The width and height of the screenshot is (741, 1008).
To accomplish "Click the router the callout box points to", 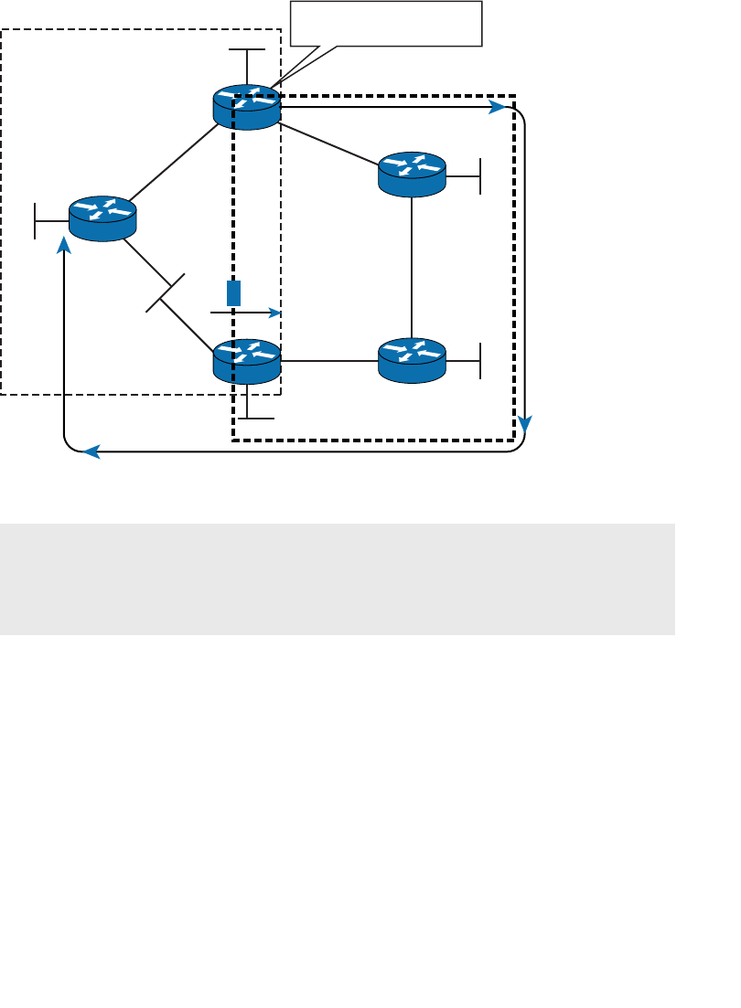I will coord(247,107).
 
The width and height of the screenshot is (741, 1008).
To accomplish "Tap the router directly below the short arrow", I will coord(247,361).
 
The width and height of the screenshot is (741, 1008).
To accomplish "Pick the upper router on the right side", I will coord(412,174).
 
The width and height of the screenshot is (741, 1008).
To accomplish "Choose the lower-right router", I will coord(412,360).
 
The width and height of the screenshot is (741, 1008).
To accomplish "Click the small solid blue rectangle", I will coord(234,292).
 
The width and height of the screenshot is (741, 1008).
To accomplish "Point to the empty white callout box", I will coord(386,23).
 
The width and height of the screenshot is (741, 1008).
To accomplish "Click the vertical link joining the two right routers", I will coord(412,265).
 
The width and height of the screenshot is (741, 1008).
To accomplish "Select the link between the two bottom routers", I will coord(329,360).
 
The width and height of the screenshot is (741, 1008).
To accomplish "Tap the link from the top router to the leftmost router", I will coord(174,163).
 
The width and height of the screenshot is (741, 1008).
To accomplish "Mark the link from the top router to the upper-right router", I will coord(329,142).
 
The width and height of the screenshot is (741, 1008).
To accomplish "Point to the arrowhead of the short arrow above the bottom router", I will coord(274,313).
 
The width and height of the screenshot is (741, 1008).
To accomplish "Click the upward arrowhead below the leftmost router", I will coord(64,244).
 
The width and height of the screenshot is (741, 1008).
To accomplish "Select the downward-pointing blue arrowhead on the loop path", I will coord(525,423).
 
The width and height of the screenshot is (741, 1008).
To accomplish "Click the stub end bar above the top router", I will coord(247,49).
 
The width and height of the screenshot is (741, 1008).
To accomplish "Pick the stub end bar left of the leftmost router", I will coord(35,219).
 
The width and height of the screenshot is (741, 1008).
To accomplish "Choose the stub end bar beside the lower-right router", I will coord(480,360).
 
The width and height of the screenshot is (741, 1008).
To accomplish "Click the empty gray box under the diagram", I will coord(337,578).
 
